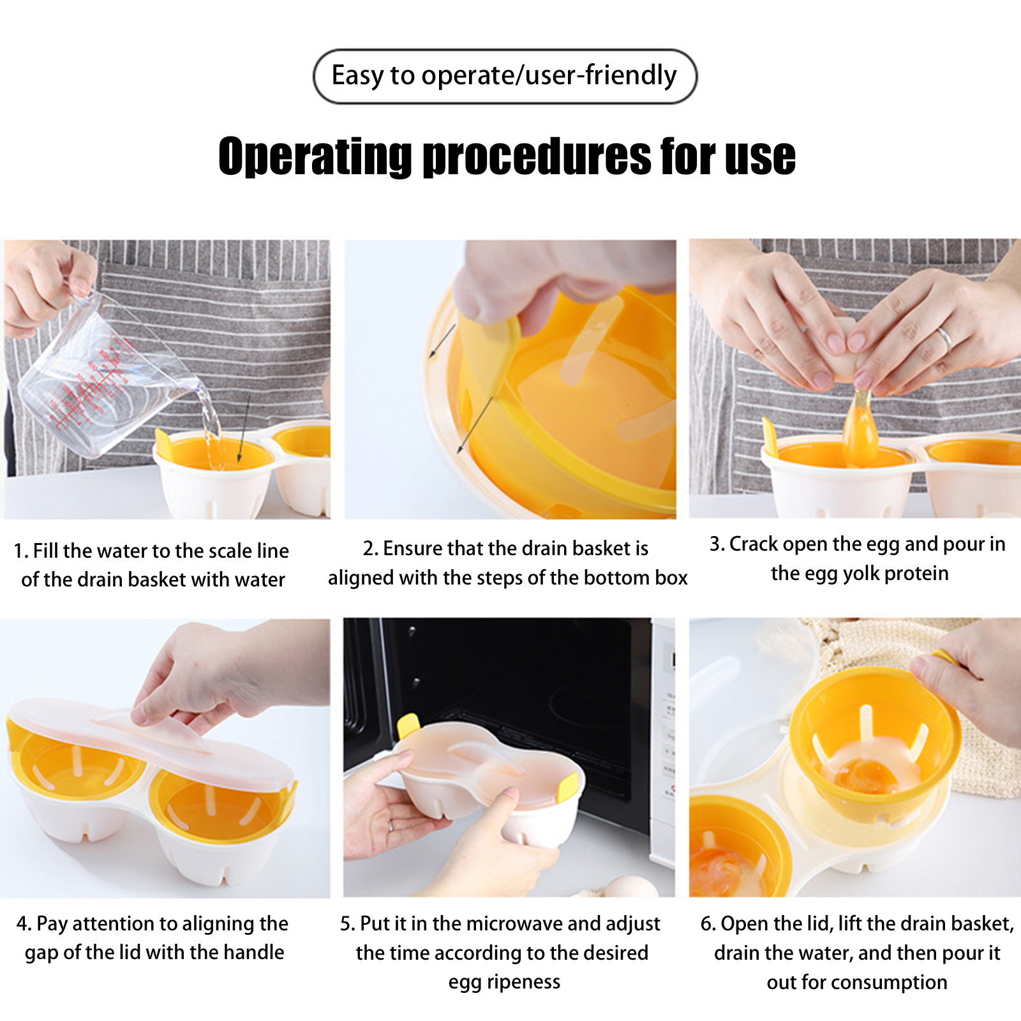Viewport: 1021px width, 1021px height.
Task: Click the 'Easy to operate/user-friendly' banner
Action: (x=505, y=76)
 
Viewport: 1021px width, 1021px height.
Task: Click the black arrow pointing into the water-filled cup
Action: (x=244, y=428)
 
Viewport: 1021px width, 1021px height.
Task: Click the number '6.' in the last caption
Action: (x=708, y=923)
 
